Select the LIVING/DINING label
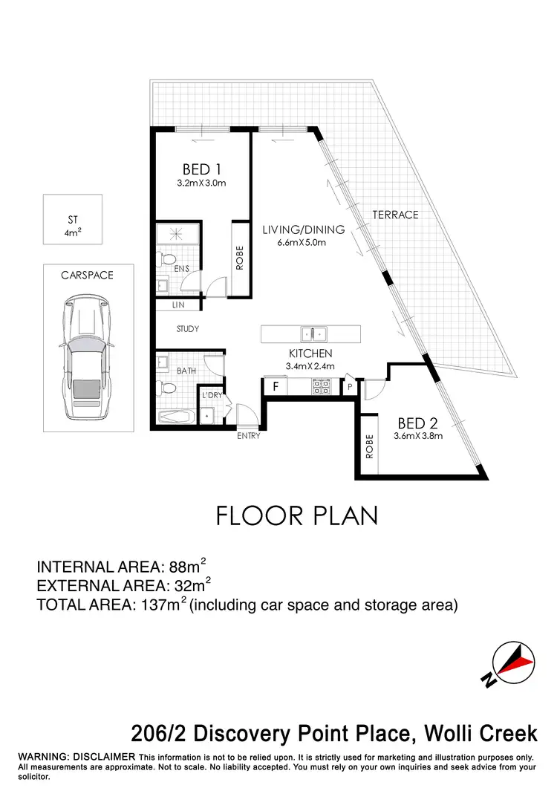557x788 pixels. point(294,229)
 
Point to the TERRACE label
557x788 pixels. point(395,215)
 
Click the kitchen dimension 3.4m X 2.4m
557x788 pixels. point(311,366)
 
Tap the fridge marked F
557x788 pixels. point(275,386)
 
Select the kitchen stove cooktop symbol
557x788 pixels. point(320,386)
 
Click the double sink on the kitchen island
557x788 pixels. point(311,333)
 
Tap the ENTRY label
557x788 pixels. point(249,436)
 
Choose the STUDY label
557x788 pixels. point(188,329)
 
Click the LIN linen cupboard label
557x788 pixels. point(177,305)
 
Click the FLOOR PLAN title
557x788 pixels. point(297,515)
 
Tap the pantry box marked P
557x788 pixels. point(348,386)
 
